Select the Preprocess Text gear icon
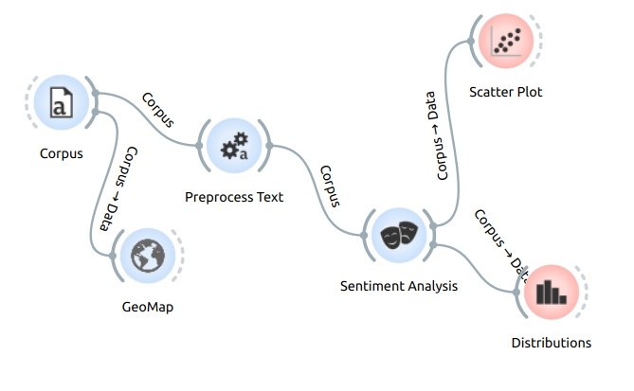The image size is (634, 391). pyautogui.click(x=233, y=146)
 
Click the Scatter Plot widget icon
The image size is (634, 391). pyautogui.click(x=506, y=42)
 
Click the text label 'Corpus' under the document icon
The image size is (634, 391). pyautogui.click(x=61, y=153)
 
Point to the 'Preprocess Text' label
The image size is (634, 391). pyautogui.click(x=233, y=197)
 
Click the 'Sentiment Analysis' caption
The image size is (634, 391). pyautogui.click(x=398, y=285)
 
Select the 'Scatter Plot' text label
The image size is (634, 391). pyautogui.click(x=506, y=92)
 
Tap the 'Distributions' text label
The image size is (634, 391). pyautogui.click(x=551, y=343)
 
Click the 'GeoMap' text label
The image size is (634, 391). pyautogui.click(x=148, y=307)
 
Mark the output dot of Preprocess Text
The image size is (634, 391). pyautogui.click(x=269, y=146)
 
